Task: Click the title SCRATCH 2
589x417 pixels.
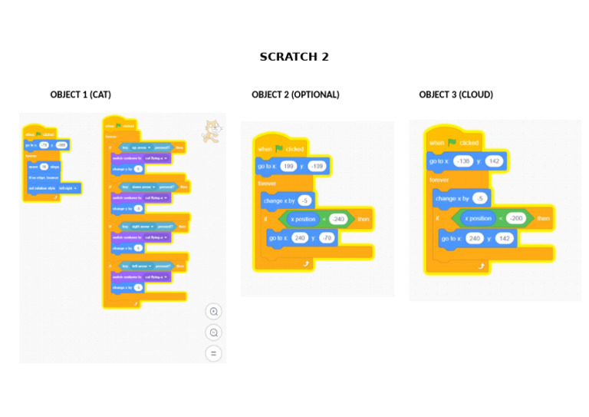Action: tap(294, 57)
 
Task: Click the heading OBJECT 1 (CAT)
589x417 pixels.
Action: tap(81, 94)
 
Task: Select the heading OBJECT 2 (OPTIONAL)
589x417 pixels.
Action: tap(295, 94)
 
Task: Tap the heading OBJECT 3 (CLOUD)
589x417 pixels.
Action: tap(456, 94)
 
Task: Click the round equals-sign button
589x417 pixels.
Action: tap(214, 353)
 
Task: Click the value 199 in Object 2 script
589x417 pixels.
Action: tap(288, 166)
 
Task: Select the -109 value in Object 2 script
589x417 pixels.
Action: tap(316, 166)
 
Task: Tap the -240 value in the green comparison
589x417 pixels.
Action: tap(338, 219)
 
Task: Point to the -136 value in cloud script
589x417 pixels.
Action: tap(462, 161)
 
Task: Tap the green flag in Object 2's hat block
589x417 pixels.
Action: tap(279, 148)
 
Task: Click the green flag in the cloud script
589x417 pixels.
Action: tap(452, 142)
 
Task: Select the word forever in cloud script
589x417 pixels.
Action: tap(439, 180)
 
